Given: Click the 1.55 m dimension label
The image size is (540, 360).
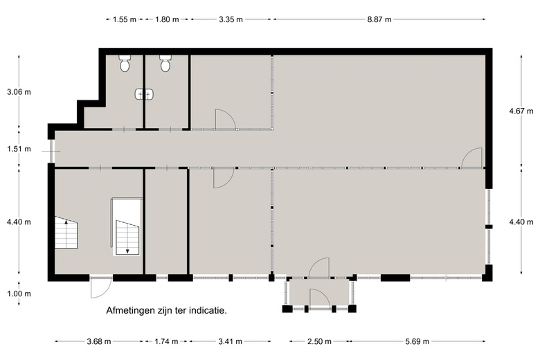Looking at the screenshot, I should pyautogui.click(x=125, y=19).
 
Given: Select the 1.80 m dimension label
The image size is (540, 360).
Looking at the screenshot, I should pyautogui.click(x=168, y=19).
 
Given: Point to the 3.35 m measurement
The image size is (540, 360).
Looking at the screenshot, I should pyautogui.click(x=231, y=19).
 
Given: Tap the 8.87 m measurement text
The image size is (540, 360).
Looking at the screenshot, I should pyautogui.click(x=379, y=19).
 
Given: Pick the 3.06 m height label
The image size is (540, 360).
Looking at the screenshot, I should pyautogui.click(x=19, y=91).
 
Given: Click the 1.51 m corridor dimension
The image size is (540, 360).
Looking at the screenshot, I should pyautogui.click(x=19, y=149).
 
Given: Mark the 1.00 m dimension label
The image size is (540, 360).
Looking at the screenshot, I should pyautogui.click(x=19, y=294).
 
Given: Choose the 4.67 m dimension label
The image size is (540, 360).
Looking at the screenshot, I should pyautogui.click(x=521, y=111).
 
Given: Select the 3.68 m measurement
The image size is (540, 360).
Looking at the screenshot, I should pyautogui.click(x=99, y=341).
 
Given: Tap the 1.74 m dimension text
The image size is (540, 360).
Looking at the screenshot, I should pyautogui.click(x=165, y=341).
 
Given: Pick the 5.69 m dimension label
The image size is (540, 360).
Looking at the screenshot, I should pyautogui.click(x=417, y=341).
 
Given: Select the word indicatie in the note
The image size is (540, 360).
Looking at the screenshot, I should pyautogui.click(x=206, y=310).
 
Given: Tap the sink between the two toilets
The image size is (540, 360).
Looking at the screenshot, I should pyautogui.click(x=144, y=93).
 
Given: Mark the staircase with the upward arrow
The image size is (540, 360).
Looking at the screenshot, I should pyautogui.click(x=67, y=234).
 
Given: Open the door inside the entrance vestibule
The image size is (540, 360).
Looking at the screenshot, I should pyautogui.click(x=319, y=300).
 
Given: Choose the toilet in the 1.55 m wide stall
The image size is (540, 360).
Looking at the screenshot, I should pyautogui.click(x=125, y=64).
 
